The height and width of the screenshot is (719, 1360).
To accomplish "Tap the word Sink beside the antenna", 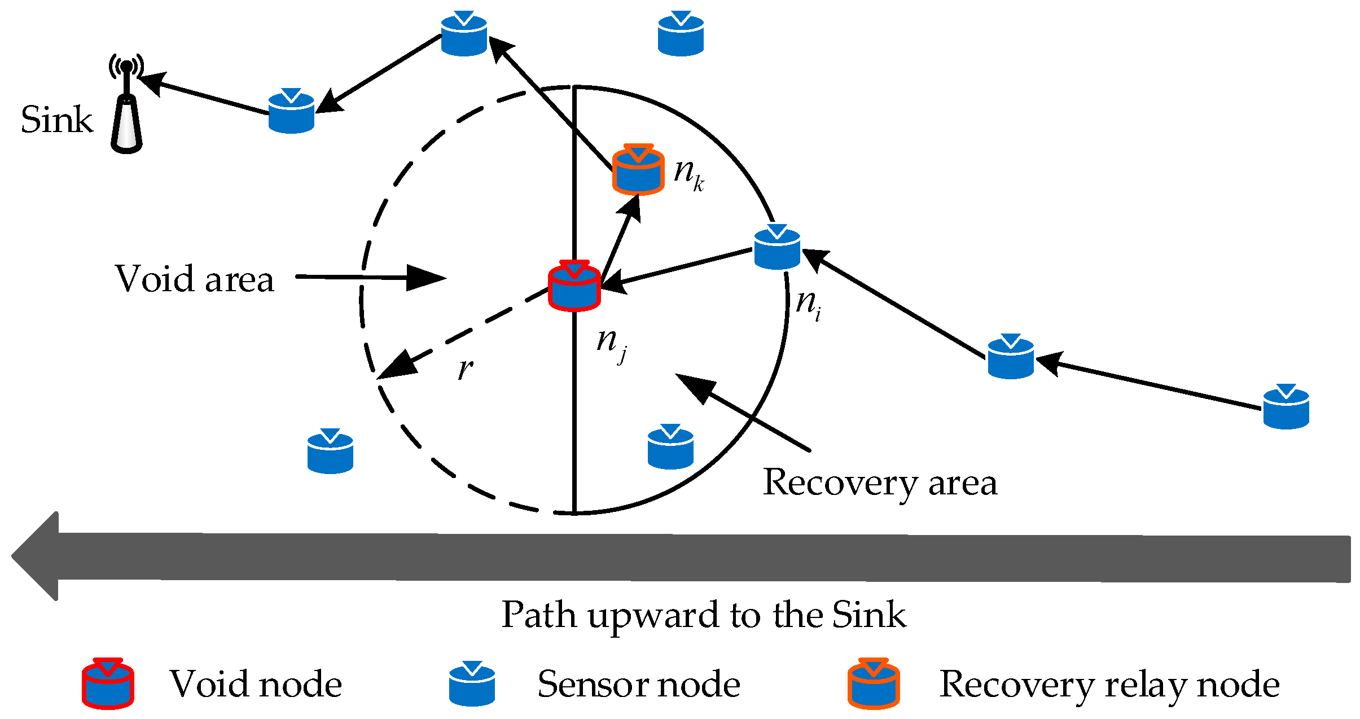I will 56,120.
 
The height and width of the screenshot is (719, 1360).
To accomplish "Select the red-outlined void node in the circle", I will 574,287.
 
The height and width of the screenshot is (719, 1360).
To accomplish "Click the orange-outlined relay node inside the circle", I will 638,170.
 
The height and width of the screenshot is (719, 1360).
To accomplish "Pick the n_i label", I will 808,305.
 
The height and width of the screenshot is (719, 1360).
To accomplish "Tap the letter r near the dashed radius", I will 465,369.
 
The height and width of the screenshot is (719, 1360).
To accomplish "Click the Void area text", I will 195,279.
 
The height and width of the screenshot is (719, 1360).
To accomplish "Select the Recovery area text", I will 880,483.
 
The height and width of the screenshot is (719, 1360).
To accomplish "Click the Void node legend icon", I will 108,683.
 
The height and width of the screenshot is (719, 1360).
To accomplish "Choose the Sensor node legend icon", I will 472,683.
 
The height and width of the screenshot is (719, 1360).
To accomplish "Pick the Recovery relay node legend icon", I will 874,683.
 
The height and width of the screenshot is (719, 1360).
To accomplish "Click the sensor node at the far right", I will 1286,407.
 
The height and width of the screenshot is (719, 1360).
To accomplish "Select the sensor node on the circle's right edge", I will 777,248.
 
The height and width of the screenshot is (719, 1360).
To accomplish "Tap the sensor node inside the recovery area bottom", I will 670,448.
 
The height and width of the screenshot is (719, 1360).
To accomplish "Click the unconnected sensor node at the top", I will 681,34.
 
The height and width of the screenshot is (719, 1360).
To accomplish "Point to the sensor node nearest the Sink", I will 291,112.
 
